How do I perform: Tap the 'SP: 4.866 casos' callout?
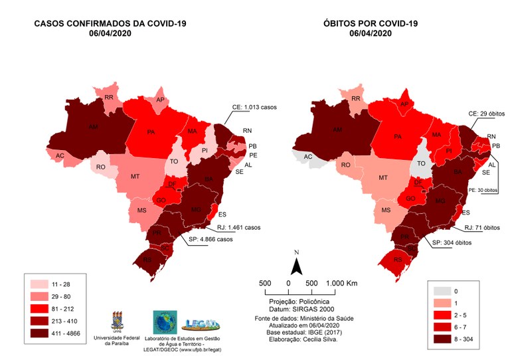tap(212, 239)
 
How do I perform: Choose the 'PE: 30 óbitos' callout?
tap(480, 190)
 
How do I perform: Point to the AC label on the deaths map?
tap(307, 157)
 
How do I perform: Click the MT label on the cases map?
tap(135, 177)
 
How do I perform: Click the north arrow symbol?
tap(298, 264)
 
